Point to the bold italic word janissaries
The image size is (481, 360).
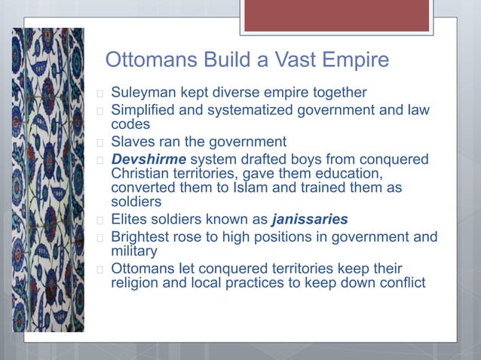(310, 220)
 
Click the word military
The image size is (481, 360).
(135, 251)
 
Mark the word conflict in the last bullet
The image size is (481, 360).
(400, 282)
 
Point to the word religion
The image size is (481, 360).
(136, 282)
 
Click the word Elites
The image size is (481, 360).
(131, 220)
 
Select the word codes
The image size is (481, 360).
(130, 124)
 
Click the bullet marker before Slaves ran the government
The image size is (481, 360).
(99, 142)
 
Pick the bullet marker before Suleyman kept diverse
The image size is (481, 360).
(99, 93)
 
